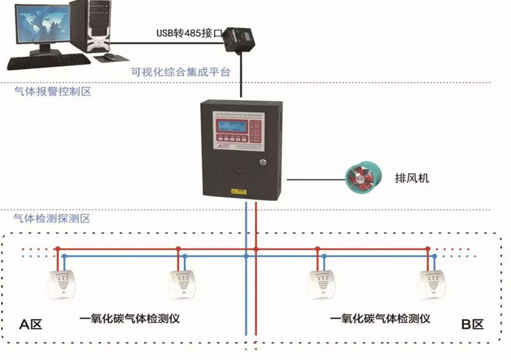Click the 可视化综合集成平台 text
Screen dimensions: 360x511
point(181,72)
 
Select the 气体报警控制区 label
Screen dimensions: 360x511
point(52,91)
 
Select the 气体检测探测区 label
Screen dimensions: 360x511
point(52,219)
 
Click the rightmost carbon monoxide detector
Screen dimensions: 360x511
point(435,283)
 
